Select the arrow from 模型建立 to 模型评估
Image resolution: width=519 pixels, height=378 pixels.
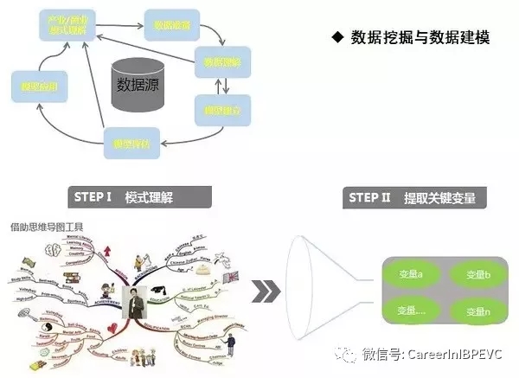tap(182, 134)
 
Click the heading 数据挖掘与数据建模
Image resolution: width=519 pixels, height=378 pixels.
tap(420, 37)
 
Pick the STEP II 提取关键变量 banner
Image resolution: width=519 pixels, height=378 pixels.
tap(413, 197)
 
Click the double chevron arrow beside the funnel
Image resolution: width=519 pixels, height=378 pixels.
tap(266, 292)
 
